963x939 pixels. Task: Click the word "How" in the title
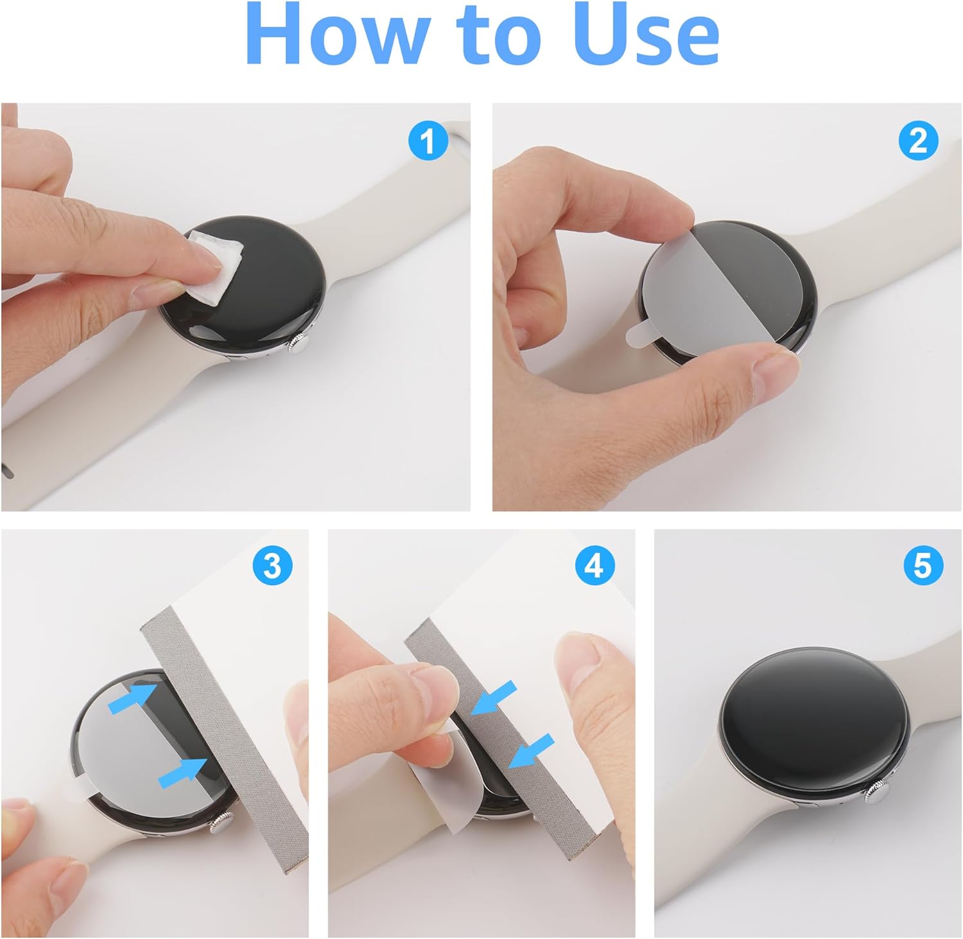click(334, 33)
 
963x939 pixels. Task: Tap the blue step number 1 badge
click(428, 141)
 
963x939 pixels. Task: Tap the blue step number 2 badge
click(919, 141)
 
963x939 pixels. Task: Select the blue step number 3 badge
click(273, 566)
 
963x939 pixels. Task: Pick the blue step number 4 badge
click(594, 566)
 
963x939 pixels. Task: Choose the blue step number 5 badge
click(922, 566)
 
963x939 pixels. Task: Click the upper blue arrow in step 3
click(132, 699)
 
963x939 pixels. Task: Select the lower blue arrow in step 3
click(184, 770)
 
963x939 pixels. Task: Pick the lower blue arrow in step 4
click(531, 750)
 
